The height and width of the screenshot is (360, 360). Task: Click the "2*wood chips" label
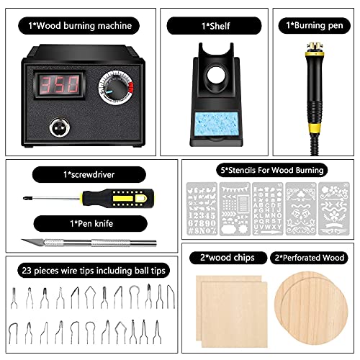(x=220, y=257)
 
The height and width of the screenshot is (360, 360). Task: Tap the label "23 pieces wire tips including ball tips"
(x=88, y=269)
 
